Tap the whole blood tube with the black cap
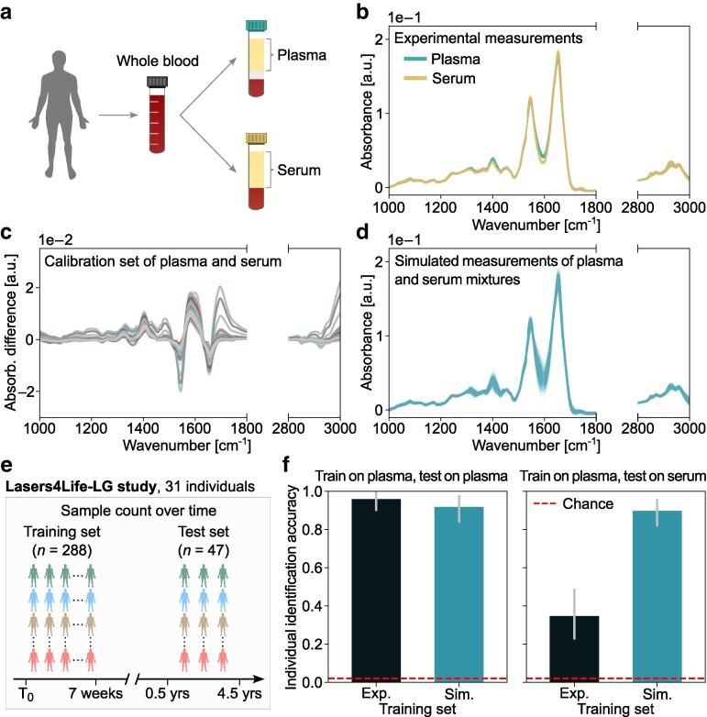(154, 116)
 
